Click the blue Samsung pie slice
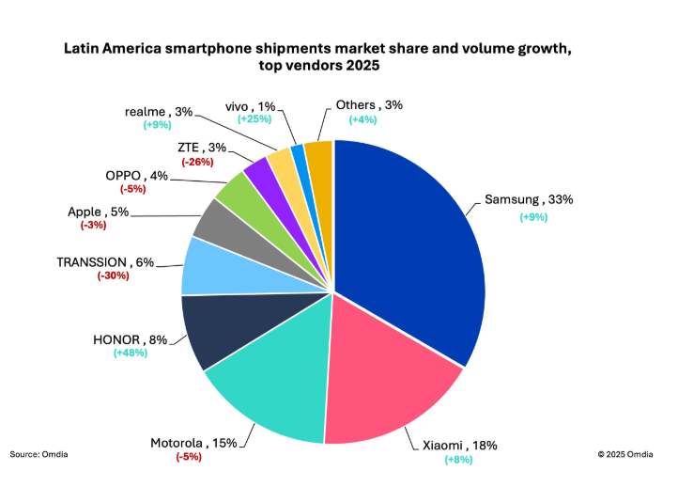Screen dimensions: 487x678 (x=413, y=244)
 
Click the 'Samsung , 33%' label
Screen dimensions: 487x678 (x=529, y=200)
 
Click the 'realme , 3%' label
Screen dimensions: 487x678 (x=159, y=111)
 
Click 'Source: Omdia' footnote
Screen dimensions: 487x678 (x=39, y=454)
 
